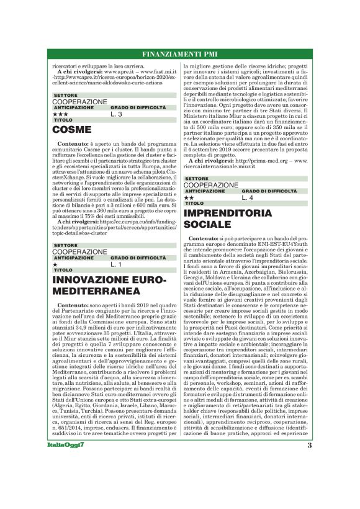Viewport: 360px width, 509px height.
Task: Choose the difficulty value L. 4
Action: coord(247,197)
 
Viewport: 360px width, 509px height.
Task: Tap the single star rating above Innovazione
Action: coord(55,264)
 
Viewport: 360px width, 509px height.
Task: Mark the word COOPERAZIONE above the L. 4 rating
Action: coord(211,185)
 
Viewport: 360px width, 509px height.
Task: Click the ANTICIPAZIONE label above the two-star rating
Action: coord(205,191)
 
